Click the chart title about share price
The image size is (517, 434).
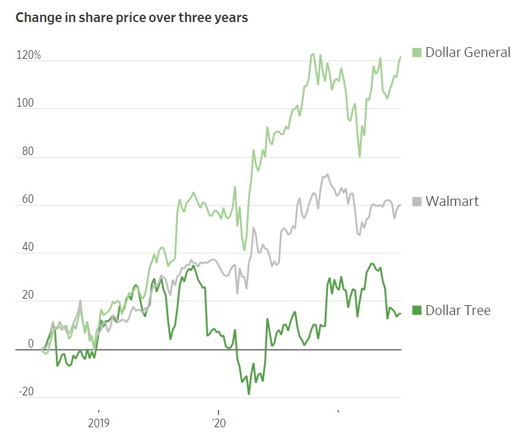pyautogui.click(x=131, y=17)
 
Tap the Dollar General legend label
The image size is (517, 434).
pyautogui.click(x=467, y=52)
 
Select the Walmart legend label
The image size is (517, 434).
pyautogui.click(x=452, y=201)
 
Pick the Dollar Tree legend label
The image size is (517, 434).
pyautogui.click(x=457, y=310)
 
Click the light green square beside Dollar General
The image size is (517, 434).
pyautogui.click(x=416, y=52)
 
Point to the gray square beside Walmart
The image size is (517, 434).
pyautogui.click(x=416, y=201)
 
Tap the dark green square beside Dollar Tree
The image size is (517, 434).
pyautogui.click(x=416, y=310)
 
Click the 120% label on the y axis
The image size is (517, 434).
pyautogui.click(x=28, y=56)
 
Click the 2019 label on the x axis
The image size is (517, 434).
pyautogui.click(x=98, y=422)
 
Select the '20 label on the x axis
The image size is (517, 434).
pyautogui.click(x=218, y=422)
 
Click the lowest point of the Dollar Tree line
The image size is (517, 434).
pyautogui.click(x=249, y=394)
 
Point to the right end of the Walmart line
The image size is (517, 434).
pyautogui.click(x=400, y=205)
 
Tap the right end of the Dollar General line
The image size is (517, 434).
pyautogui.click(x=400, y=56)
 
